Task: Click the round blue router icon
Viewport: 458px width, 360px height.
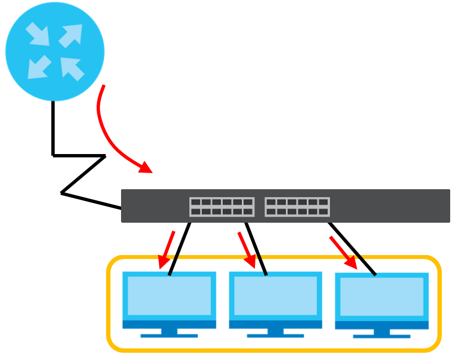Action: coord(55,51)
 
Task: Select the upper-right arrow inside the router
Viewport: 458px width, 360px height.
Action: coord(71,35)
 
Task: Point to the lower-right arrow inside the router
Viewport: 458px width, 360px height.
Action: coord(71,68)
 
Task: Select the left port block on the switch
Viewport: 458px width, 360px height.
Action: coord(221,207)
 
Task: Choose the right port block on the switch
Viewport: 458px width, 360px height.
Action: coord(297,207)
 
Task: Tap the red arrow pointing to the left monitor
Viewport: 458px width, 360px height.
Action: coord(166,249)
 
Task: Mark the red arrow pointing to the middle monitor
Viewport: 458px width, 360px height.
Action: coord(247,249)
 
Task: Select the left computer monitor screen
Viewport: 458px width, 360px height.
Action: coord(169,295)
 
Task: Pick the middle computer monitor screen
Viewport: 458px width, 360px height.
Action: coord(276,295)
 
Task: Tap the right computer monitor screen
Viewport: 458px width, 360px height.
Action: coord(382,296)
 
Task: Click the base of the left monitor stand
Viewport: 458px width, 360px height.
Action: coord(169,335)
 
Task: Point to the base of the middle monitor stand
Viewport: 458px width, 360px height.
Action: coord(276,335)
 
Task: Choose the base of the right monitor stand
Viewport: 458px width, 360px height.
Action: coord(382,337)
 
